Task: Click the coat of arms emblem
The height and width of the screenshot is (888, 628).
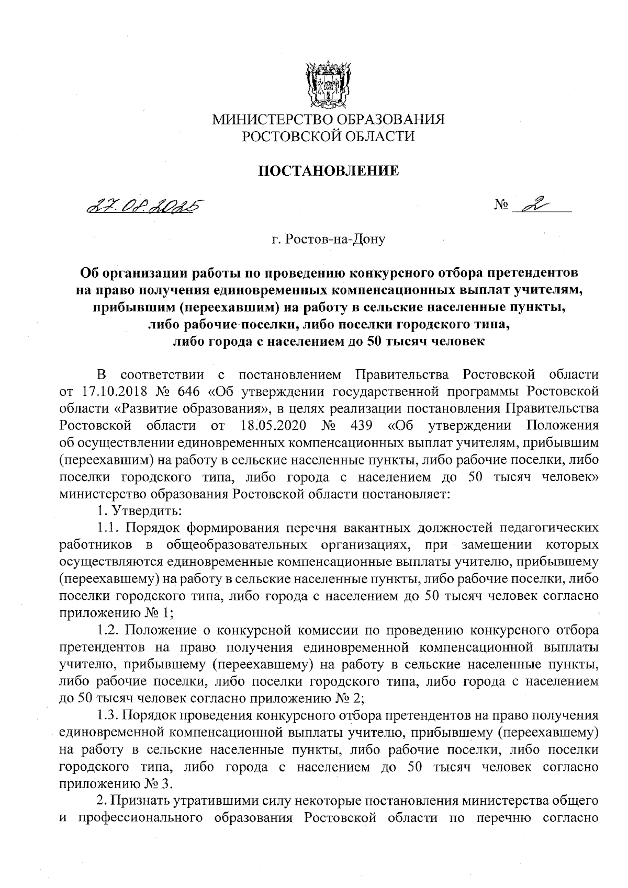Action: pos(328,85)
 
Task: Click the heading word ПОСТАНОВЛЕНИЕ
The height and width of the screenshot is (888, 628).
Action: pos(329,170)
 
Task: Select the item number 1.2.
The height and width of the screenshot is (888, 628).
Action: pos(108,630)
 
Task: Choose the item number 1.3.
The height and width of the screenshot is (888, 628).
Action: pos(108,715)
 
